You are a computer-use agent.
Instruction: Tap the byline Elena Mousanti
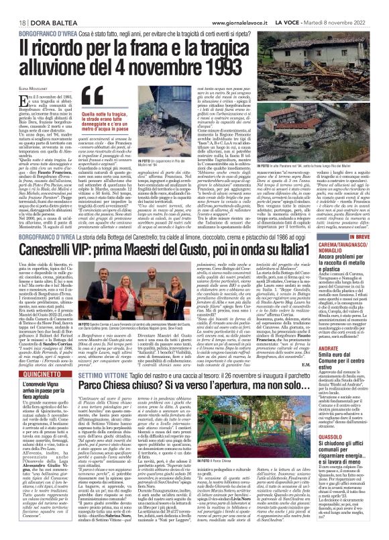(x=27, y=85)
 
